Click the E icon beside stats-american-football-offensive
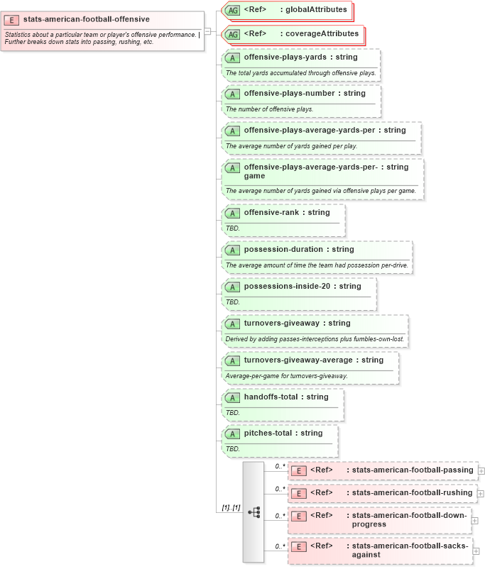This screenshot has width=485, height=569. [12, 20]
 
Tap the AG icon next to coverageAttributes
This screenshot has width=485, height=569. [232, 34]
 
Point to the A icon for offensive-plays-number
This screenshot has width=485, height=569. [232, 94]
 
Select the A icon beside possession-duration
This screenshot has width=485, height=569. [232, 250]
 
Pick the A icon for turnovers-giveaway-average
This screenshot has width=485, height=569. [232, 360]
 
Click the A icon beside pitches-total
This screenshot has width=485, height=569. [232, 433]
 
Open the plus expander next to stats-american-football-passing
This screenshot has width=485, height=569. [481, 470]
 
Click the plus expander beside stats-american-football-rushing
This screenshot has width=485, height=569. [481, 493]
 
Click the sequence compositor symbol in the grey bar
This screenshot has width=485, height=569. [254, 512]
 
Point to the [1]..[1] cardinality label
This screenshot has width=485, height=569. [230, 507]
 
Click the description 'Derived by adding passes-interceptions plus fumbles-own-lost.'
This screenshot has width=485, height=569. [315, 339]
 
